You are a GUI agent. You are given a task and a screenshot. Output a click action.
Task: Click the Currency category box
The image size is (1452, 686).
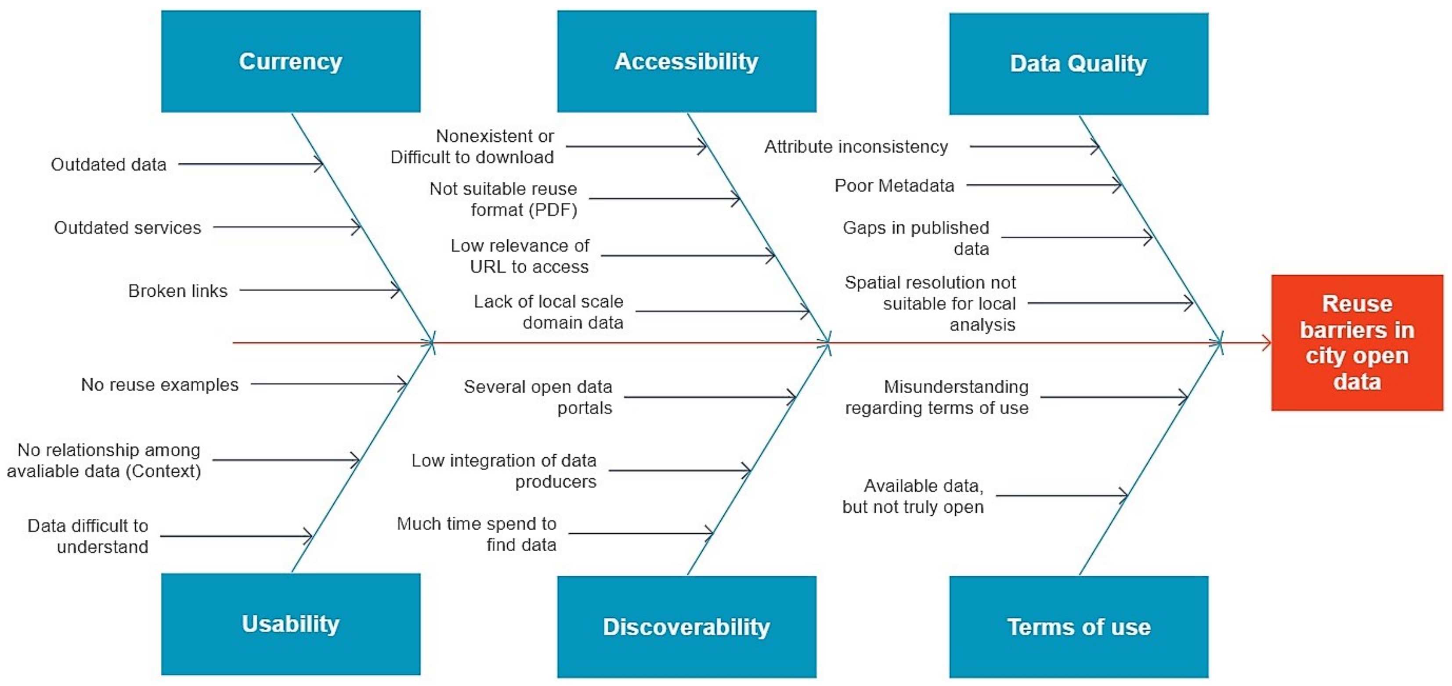(x=290, y=61)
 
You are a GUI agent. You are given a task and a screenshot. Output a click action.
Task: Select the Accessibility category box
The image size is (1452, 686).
(x=686, y=61)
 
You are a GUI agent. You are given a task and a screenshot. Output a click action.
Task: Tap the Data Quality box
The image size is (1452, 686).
(x=1078, y=63)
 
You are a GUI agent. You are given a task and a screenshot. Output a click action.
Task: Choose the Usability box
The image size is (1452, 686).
(x=290, y=624)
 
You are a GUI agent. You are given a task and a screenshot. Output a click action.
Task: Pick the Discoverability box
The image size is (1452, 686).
(x=686, y=626)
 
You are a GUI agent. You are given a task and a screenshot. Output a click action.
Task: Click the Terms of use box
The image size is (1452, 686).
(x=1078, y=626)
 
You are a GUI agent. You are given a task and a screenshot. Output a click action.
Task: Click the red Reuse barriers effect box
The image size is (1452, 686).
(x=1356, y=342)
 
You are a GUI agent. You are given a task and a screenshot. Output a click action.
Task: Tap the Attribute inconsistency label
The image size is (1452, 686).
(x=856, y=147)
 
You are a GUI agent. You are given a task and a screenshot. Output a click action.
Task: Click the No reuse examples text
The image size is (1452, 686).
(x=159, y=384)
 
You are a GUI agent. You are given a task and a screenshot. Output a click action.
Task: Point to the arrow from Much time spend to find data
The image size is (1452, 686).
(x=640, y=533)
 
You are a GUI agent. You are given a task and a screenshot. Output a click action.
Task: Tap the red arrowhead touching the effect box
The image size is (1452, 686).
(x=1265, y=342)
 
